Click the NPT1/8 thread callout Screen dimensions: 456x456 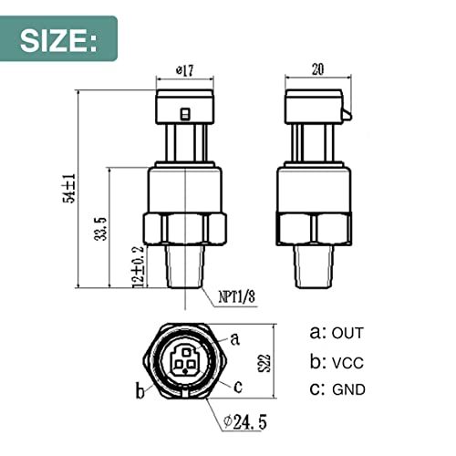click(x=238, y=295)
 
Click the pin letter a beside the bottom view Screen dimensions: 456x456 click(x=235, y=338)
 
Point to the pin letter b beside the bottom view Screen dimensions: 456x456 click(x=140, y=392)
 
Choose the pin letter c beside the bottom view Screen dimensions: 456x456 click(x=240, y=386)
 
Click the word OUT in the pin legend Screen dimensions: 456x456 click(x=347, y=332)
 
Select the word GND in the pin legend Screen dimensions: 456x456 click(x=348, y=389)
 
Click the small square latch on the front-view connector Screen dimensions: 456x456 click(x=185, y=114)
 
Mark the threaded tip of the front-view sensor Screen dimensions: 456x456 click(x=185, y=264)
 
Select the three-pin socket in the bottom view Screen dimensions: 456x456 click(x=187, y=362)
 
